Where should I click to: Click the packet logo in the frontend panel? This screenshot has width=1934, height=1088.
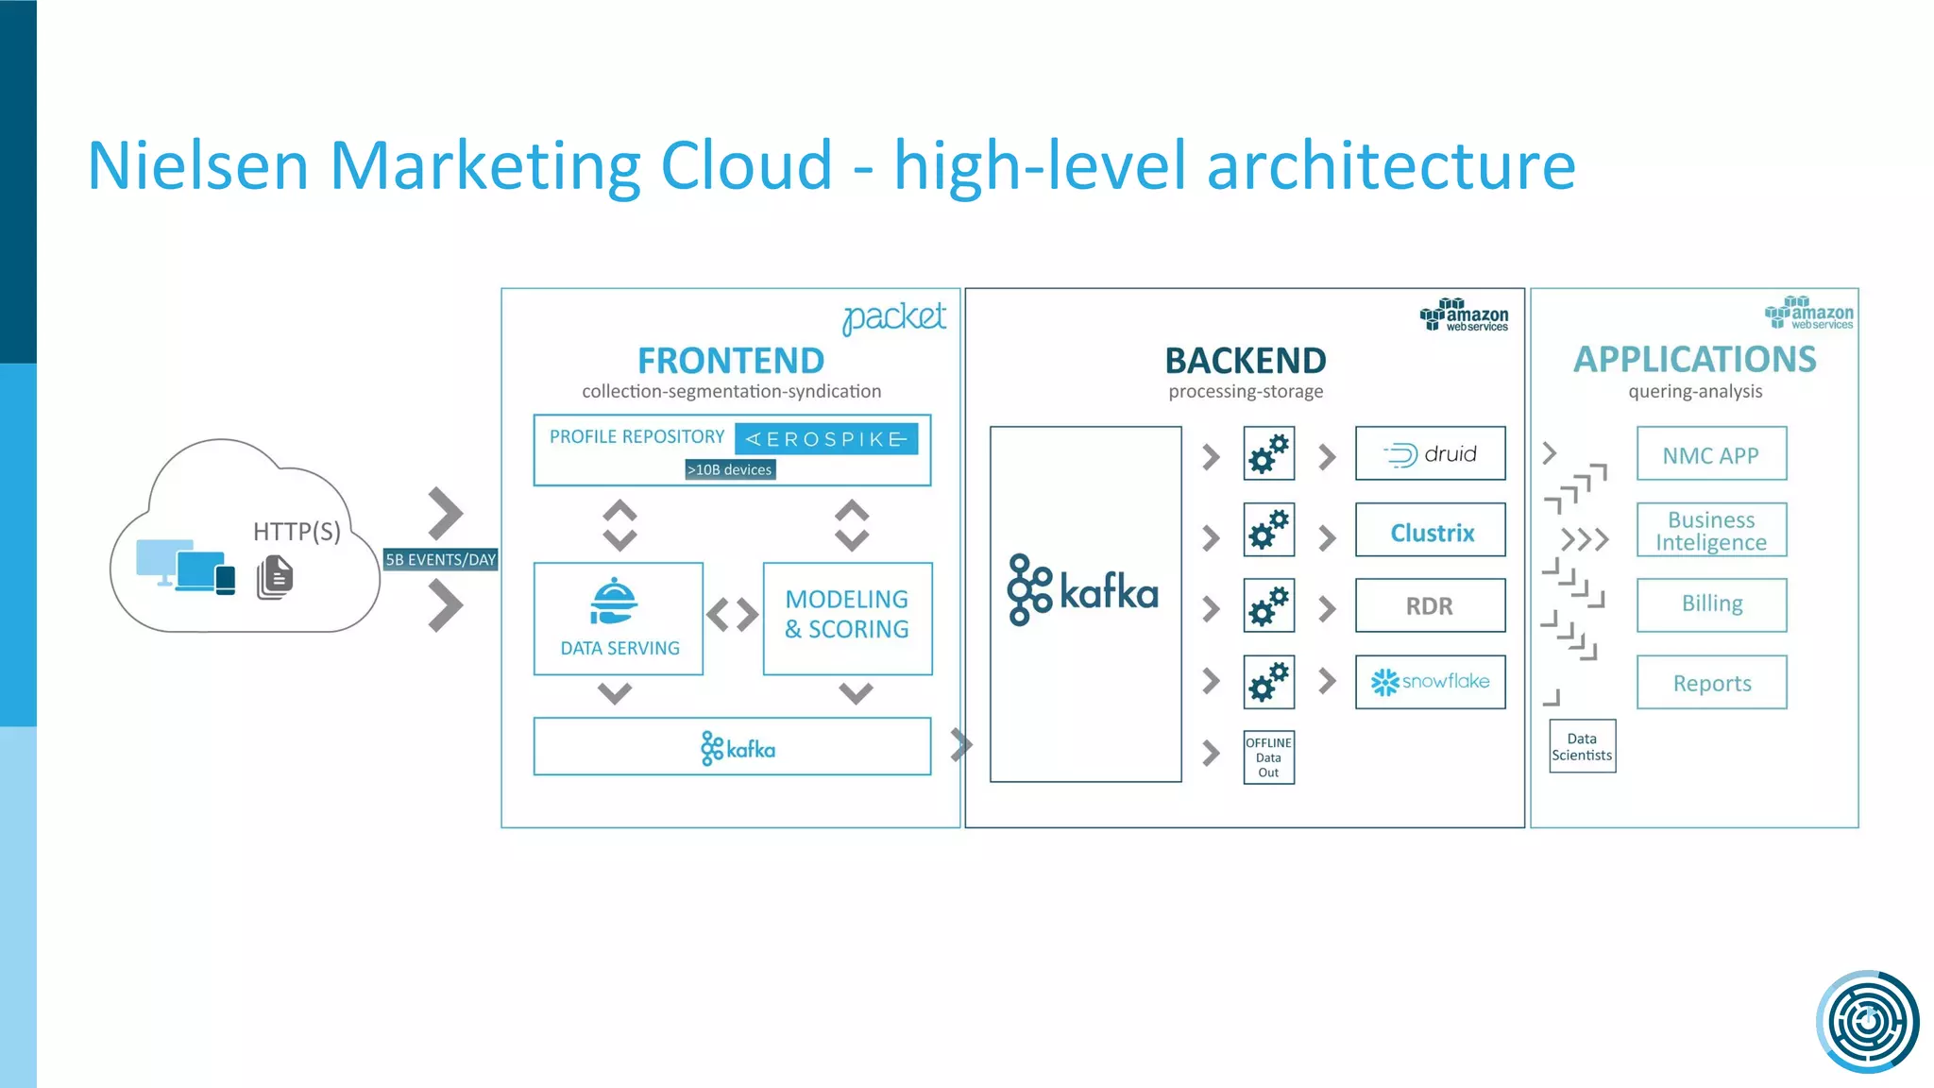(x=893, y=317)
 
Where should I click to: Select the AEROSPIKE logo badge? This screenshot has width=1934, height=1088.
(x=826, y=439)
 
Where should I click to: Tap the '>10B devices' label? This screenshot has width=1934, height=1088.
(x=730, y=469)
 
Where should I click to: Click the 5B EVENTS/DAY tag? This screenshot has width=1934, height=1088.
(x=440, y=559)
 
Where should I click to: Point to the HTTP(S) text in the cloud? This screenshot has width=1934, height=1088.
(x=297, y=532)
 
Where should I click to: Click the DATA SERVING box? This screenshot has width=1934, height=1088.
(x=619, y=619)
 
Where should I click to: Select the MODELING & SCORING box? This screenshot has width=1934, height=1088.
(x=847, y=619)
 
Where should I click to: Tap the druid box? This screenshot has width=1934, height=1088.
(x=1430, y=453)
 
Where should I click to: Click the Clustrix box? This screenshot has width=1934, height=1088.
(x=1430, y=531)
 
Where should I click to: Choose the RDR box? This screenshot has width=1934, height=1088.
(x=1430, y=605)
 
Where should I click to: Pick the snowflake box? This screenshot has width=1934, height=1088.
(x=1430, y=682)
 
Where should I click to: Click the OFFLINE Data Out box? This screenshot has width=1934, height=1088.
(x=1268, y=757)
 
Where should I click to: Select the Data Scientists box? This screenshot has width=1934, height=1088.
(x=1582, y=746)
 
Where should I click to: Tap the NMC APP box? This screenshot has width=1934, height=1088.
(x=1711, y=454)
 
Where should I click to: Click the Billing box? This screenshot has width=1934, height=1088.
(x=1711, y=604)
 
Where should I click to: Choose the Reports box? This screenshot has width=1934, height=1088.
(x=1711, y=682)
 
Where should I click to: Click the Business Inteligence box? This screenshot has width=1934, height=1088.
(x=1711, y=530)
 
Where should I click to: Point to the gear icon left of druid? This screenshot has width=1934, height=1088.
(x=1268, y=454)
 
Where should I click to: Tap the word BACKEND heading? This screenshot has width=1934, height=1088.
(x=1245, y=361)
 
